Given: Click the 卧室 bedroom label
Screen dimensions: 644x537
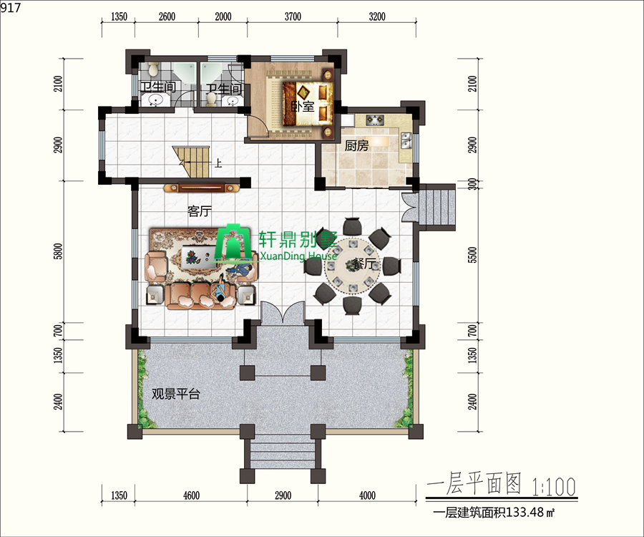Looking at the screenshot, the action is [x=303, y=107].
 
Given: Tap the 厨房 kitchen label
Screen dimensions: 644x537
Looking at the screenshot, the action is [x=356, y=145].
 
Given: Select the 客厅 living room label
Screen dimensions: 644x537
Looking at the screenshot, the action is [x=200, y=211].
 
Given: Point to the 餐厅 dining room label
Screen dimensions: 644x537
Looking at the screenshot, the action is [x=365, y=263].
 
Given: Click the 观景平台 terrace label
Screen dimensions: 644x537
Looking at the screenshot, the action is [x=176, y=394].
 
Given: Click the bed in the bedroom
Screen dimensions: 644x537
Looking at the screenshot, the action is [x=308, y=104].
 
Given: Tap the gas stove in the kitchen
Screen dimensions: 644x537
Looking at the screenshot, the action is [x=375, y=120].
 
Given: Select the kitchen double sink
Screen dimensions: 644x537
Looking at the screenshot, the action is [x=406, y=140].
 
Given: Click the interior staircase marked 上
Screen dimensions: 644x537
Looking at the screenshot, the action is [x=191, y=162].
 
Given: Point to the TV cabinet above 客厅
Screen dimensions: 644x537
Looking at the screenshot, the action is [x=201, y=188].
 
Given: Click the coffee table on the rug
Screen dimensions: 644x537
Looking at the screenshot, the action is [x=199, y=256].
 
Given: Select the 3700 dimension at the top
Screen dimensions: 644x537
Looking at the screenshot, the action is [x=293, y=16].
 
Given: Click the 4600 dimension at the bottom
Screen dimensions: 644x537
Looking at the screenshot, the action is [x=191, y=495].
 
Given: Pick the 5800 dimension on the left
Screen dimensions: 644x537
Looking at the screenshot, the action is [x=59, y=251].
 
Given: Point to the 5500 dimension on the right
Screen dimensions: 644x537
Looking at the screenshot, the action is [x=473, y=255].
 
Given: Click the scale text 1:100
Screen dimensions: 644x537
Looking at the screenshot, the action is [x=554, y=486].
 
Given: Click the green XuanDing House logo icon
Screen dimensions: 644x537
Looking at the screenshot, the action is [x=234, y=243].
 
